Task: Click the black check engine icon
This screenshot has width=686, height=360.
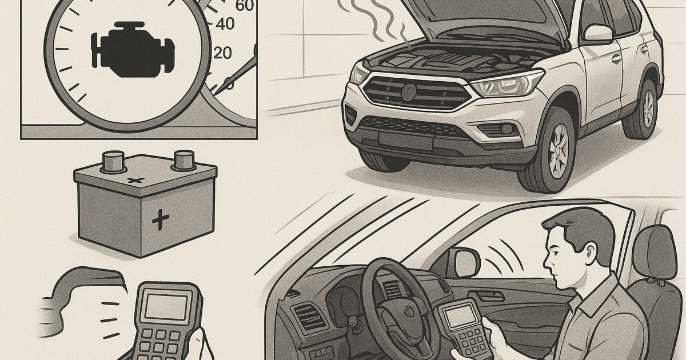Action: [133, 49]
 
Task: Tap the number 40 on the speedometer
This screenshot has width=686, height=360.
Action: [225, 23]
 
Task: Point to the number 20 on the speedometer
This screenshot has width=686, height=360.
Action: [222, 53]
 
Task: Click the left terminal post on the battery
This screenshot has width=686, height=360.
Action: [114, 162]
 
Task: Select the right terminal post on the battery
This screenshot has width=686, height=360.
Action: [184, 160]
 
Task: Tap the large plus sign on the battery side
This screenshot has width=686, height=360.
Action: [161, 219]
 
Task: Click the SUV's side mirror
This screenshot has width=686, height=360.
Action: [598, 34]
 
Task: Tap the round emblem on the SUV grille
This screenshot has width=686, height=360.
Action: [409, 92]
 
